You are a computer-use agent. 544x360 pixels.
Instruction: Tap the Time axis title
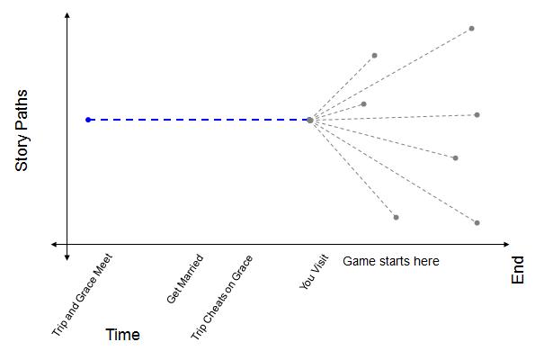[122, 335]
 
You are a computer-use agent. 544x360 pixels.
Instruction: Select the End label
[518, 271]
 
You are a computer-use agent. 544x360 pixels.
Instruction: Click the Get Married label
[184, 278]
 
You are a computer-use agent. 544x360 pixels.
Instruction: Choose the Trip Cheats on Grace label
[222, 297]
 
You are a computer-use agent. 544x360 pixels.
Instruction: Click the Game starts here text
[390, 261]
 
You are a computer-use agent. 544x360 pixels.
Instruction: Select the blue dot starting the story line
[88, 119]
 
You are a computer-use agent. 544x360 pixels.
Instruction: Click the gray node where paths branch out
[309, 119]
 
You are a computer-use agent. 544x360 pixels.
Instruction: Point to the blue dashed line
[198, 119]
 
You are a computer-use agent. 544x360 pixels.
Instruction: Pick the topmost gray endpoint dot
[471, 29]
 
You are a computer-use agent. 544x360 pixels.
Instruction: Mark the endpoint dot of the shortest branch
[363, 103]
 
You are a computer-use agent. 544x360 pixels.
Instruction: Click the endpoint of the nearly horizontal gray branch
[477, 114]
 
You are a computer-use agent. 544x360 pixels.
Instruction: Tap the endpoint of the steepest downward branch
[396, 217]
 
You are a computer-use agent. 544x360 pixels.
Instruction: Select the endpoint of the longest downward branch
[477, 222]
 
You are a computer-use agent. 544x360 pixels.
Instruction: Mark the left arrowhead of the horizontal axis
[55, 244]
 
